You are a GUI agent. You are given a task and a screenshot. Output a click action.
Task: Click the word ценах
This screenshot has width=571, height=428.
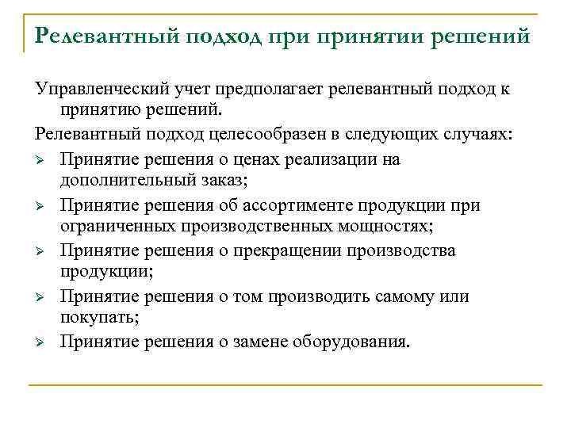[x=269, y=159]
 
